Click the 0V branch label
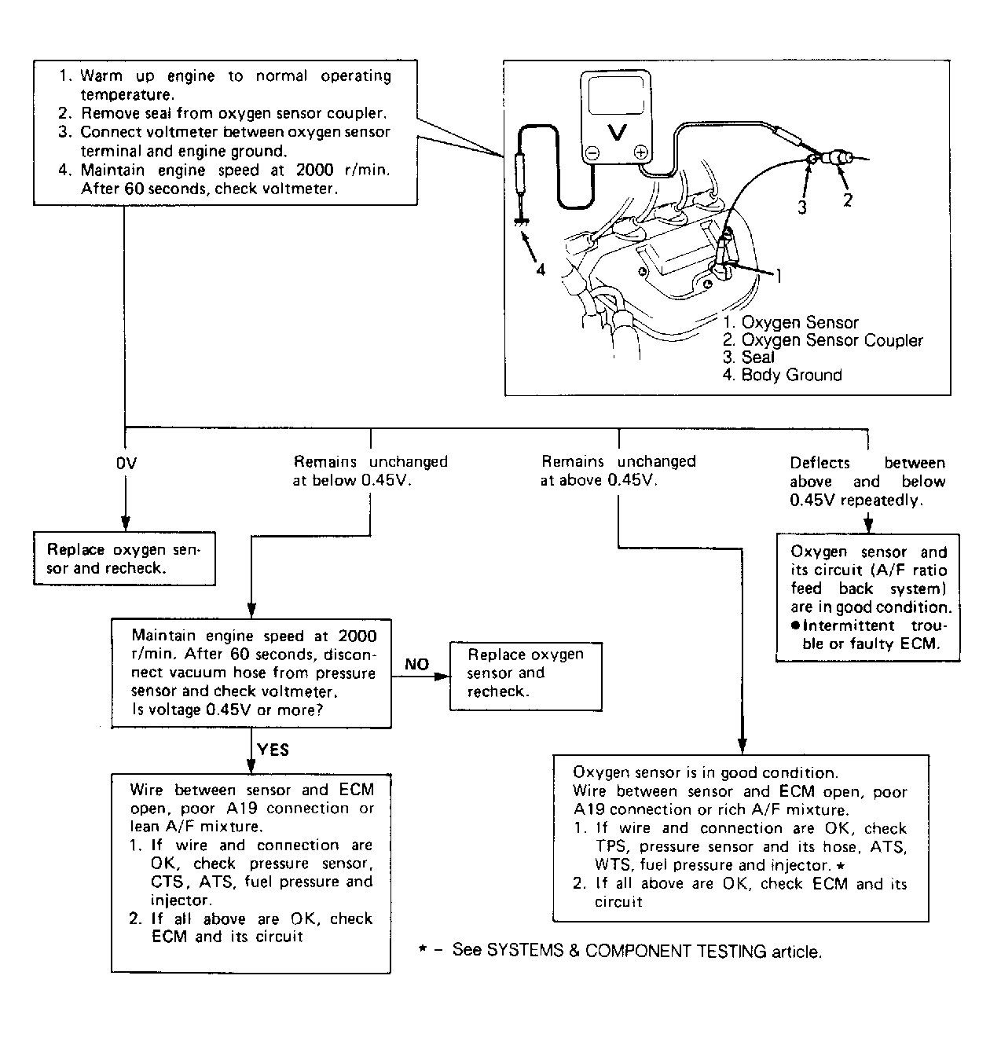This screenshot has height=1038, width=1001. click(126, 463)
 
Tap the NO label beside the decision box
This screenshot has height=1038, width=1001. click(416, 665)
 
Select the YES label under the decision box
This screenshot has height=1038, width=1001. click(273, 750)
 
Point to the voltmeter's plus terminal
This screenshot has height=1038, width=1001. click(640, 153)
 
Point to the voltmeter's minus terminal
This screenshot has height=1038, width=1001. click(593, 153)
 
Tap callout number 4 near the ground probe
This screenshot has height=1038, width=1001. click(541, 269)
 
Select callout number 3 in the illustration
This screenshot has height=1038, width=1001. click(802, 206)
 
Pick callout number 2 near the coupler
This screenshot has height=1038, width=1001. click(847, 200)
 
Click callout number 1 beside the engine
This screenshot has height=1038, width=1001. click(779, 275)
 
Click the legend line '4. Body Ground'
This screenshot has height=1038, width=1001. click(782, 376)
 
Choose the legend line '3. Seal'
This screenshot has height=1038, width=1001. click(748, 358)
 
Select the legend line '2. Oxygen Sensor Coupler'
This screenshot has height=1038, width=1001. click(823, 340)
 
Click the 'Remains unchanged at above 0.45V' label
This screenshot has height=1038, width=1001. click(618, 471)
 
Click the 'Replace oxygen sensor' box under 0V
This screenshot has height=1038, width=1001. click(123, 559)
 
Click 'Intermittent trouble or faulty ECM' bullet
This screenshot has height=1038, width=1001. click(869, 635)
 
